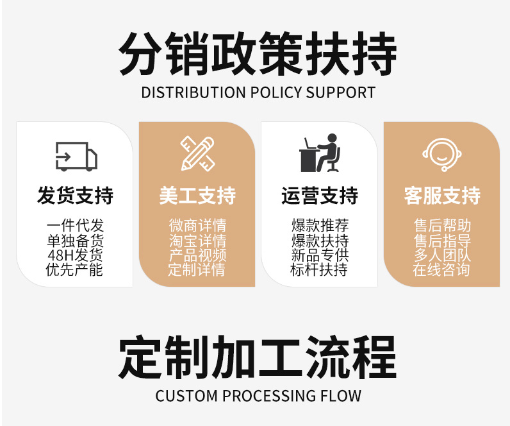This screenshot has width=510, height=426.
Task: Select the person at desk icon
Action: click(320, 153)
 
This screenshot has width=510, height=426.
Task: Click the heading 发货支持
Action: click(75, 196)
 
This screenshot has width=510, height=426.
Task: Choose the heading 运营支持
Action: click(320, 196)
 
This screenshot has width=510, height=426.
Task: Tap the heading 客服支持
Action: click(442, 196)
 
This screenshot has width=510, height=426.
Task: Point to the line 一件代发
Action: click(75, 226)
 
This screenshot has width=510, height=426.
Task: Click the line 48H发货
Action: click(75, 255)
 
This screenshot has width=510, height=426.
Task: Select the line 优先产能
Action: click(75, 270)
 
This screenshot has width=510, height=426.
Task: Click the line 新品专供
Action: click(320, 255)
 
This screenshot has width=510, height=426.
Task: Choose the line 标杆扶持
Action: click(320, 270)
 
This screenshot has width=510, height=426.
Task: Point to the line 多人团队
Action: click(442, 255)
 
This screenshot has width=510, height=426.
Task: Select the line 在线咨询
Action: click(442, 270)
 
